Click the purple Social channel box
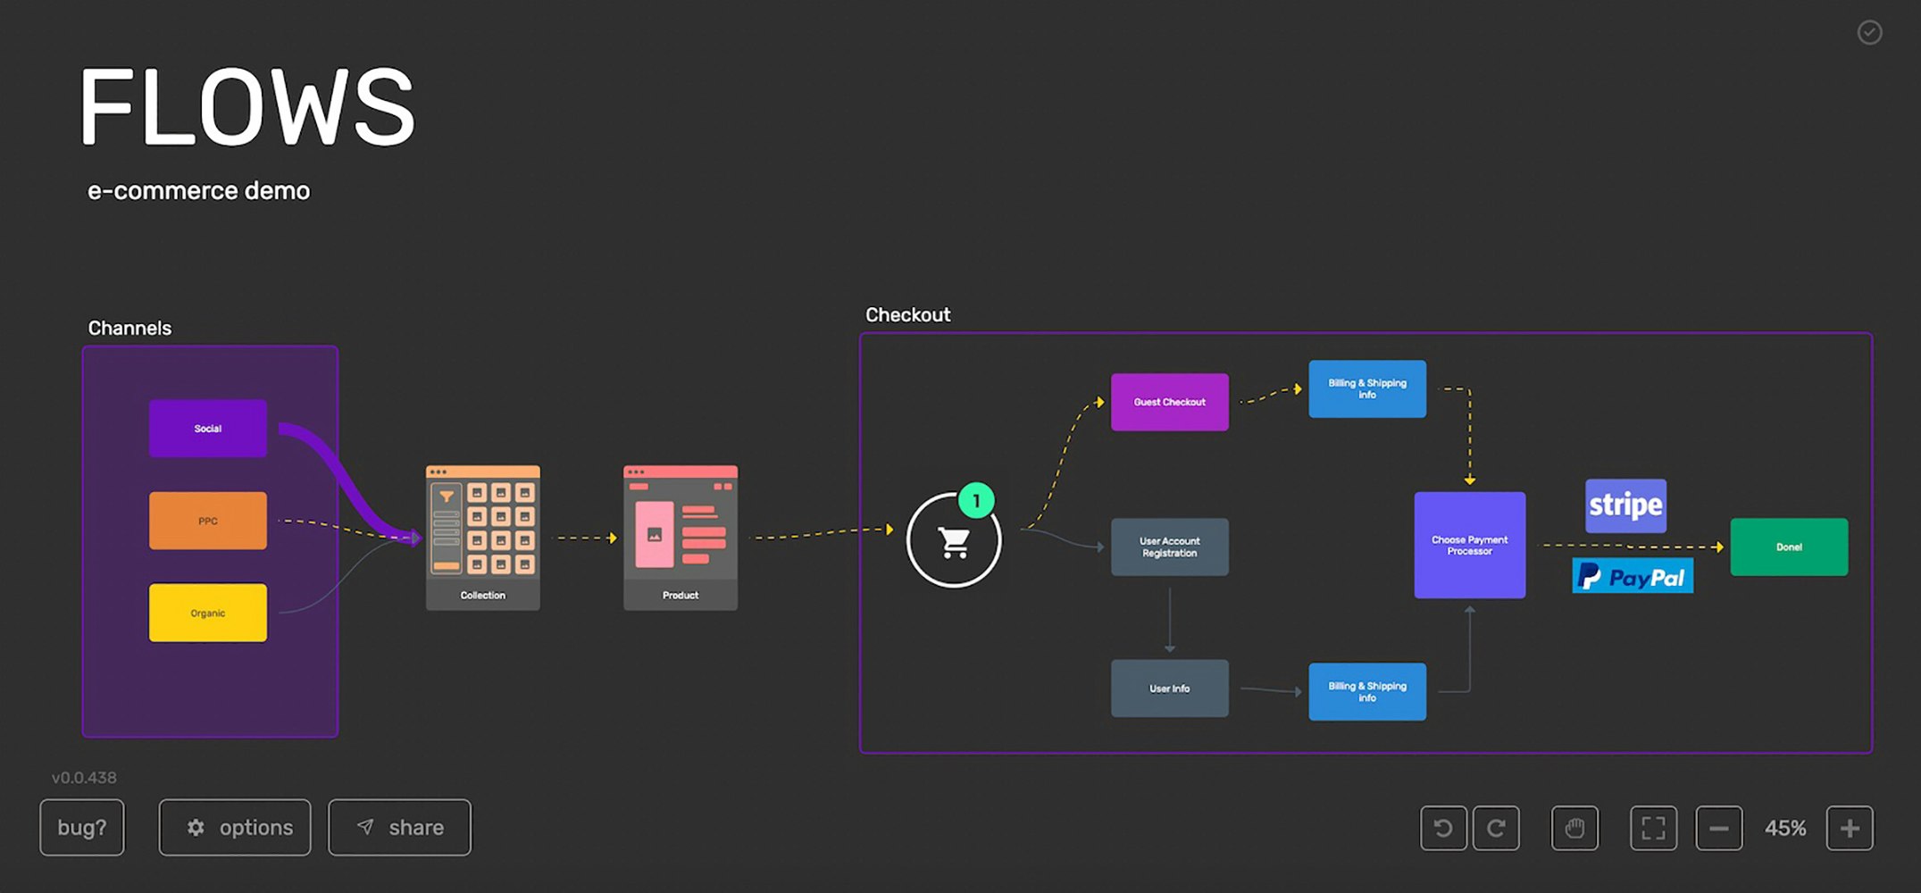207,429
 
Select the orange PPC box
207,521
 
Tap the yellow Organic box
207,613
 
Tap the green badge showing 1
976,501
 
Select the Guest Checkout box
1169,402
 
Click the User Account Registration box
1169,547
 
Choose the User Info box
1169,689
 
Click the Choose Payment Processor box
1469,545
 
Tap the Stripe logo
1625,505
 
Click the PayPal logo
1632,577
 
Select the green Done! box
1789,547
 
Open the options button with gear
235,828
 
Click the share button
399,828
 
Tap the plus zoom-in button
1849,829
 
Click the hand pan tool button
1574,829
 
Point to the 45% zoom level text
1784,829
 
